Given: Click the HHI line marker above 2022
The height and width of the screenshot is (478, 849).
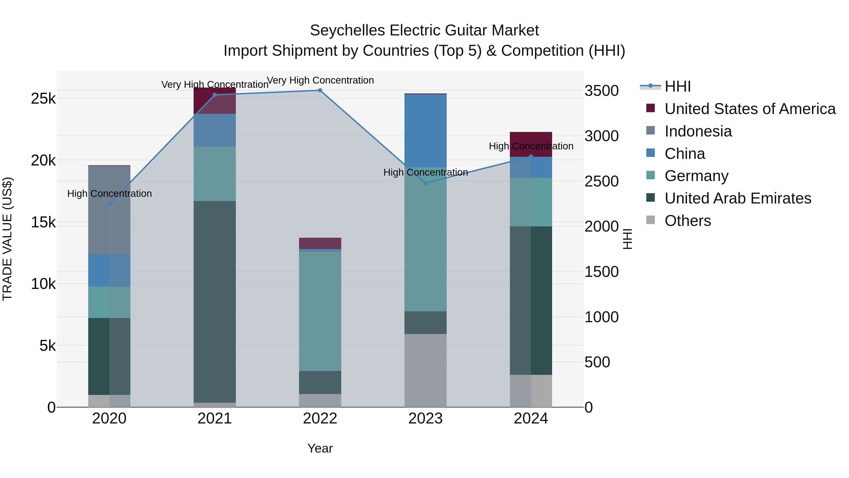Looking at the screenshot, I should click(x=320, y=90).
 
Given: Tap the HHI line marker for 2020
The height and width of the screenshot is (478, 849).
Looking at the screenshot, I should click(x=109, y=204).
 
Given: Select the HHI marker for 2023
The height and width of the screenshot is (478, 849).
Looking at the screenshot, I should click(x=425, y=183).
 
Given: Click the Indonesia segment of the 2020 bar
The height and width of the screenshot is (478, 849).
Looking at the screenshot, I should click(x=109, y=210).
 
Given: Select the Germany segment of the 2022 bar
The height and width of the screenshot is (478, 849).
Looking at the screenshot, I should click(x=320, y=311).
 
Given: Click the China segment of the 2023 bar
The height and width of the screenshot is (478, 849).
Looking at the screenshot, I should click(x=425, y=131).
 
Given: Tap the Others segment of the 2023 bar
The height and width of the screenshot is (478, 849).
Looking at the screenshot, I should click(x=425, y=370).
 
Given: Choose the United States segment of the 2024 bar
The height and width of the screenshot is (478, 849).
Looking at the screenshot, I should click(x=531, y=139).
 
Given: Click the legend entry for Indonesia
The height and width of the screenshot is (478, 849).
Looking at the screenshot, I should click(x=698, y=131).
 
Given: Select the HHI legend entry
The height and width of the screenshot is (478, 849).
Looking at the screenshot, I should click(x=677, y=86).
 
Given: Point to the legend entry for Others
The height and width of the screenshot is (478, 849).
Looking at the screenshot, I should click(x=687, y=221).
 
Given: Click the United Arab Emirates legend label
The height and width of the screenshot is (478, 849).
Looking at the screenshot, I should click(x=738, y=198).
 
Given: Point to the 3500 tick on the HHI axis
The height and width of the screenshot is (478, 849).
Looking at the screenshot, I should click(x=601, y=91).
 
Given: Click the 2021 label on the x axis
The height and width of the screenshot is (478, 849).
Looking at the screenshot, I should click(x=215, y=419).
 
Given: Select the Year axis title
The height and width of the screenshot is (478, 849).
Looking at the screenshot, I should click(x=320, y=448).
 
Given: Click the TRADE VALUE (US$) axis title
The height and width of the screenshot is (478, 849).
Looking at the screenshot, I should click(x=7, y=239).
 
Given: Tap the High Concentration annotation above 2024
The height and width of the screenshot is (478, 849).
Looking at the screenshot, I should click(x=531, y=146).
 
